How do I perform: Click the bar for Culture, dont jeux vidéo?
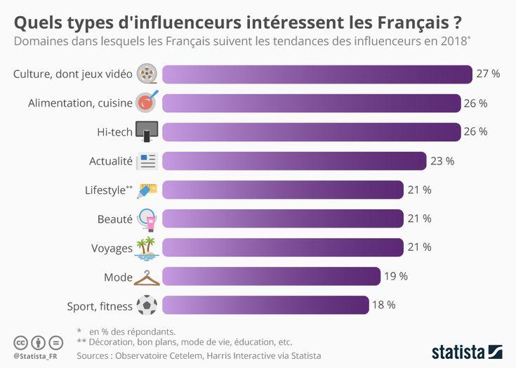(x=317, y=74)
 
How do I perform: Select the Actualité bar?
(x=294, y=161)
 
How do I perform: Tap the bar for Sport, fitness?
(x=265, y=305)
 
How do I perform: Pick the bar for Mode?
(x=271, y=276)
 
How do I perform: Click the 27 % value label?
(x=488, y=74)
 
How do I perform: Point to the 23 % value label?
(x=442, y=161)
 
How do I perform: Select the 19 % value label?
(x=396, y=276)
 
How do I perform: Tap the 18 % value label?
(x=384, y=305)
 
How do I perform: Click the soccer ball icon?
(x=147, y=305)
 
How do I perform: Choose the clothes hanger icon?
(x=147, y=277)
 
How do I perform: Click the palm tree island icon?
(x=147, y=248)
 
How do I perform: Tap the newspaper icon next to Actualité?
(x=147, y=161)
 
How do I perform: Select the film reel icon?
(x=147, y=73)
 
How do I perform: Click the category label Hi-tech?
(x=114, y=132)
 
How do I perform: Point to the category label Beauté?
(x=114, y=219)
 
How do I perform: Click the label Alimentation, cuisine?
(x=80, y=103)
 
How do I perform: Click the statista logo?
(x=467, y=350)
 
